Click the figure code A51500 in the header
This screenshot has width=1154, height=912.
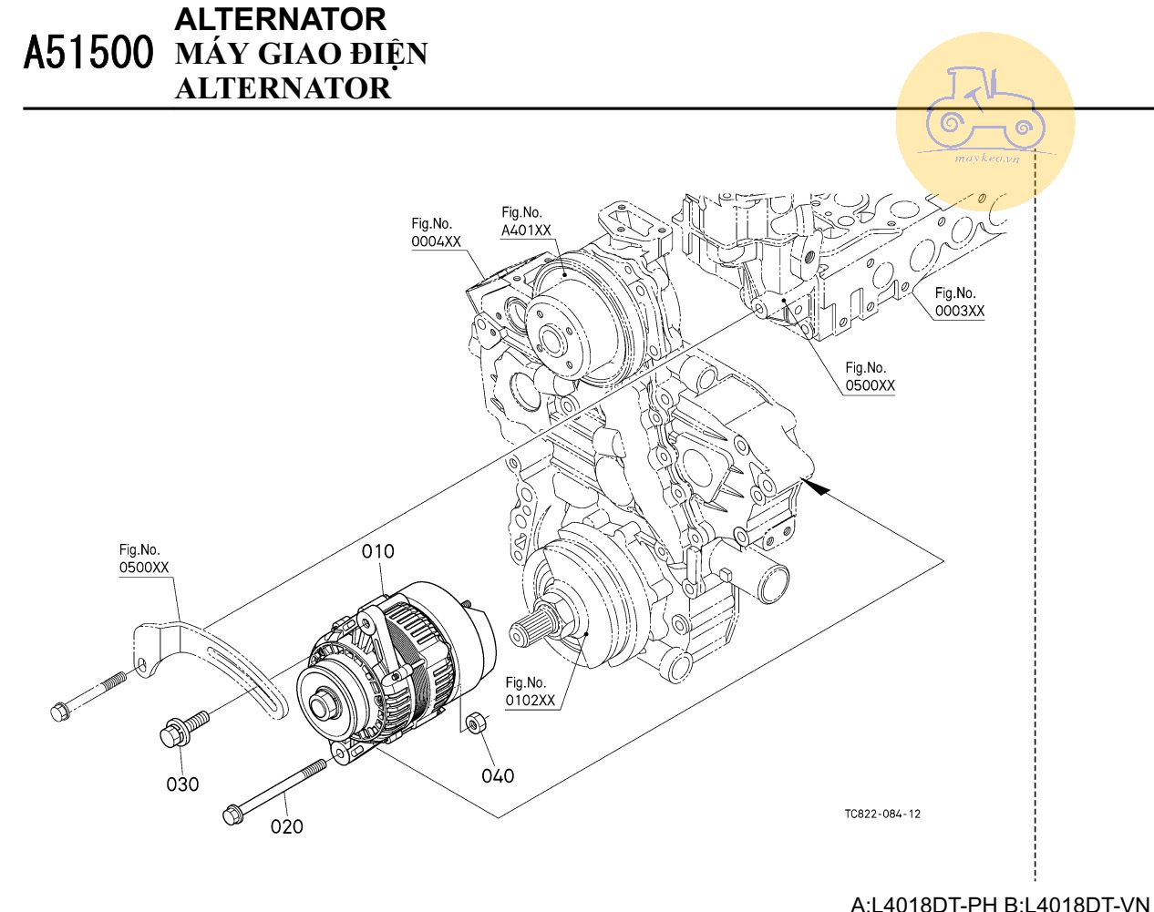pos(88,54)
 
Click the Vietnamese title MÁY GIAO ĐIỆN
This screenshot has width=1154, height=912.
pos(301,54)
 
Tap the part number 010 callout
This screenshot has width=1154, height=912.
pos(378,551)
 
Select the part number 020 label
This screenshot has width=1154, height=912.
pos(286,826)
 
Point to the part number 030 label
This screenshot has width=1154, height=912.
pos(182,784)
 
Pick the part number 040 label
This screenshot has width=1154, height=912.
pos(498,775)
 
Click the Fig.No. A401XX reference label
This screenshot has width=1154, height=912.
pos(526,222)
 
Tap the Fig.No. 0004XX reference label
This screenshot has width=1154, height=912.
pos(436,233)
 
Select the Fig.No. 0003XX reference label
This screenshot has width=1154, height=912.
pos(959,302)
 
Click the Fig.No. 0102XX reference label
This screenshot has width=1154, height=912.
pos(530,692)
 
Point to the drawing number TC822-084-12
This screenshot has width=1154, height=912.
pos(881,814)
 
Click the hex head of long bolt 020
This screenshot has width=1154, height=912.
pos(232,815)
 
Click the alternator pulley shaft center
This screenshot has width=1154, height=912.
pos(322,706)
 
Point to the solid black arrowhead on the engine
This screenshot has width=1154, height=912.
pos(819,488)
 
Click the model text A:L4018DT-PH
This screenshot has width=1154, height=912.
pos(923,904)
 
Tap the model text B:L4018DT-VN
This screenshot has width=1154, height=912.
pos(1077,904)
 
